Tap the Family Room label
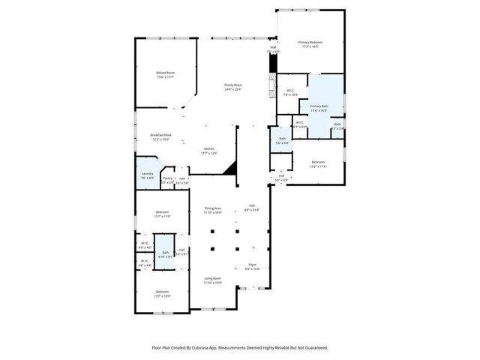tap(233, 85)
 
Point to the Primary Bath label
tap(319, 106)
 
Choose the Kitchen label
tap(210, 148)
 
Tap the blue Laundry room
tap(147, 175)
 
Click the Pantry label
tap(167, 178)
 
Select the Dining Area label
tap(213, 208)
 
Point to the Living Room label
tap(213, 277)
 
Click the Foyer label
tap(252, 265)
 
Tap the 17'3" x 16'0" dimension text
tap(310, 46)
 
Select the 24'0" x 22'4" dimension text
tap(233, 89)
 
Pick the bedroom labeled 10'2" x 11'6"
tap(319, 163)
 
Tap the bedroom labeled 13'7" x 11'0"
tap(163, 214)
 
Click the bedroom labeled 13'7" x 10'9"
tap(162, 293)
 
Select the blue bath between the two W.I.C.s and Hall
tap(165, 253)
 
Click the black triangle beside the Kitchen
tap(232, 167)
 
